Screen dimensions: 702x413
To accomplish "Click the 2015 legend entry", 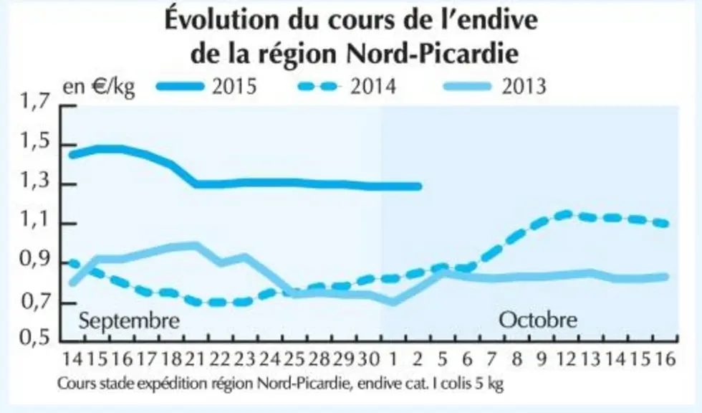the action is [x=206, y=85].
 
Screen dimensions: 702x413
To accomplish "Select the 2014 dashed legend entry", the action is [x=347, y=85].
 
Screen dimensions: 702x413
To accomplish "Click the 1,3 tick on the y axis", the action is [x=34, y=184].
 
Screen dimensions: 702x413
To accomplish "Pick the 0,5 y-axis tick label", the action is [x=34, y=337].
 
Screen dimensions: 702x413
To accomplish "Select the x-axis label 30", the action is [x=369, y=359].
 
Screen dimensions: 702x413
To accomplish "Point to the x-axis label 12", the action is [x=567, y=359].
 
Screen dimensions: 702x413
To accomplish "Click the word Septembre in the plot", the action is [x=129, y=321].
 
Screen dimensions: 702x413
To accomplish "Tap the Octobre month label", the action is [x=538, y=320].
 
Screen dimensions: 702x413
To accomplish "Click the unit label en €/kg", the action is [x=99, y=87].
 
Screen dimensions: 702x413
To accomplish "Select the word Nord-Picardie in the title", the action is [x=433, y=54].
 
